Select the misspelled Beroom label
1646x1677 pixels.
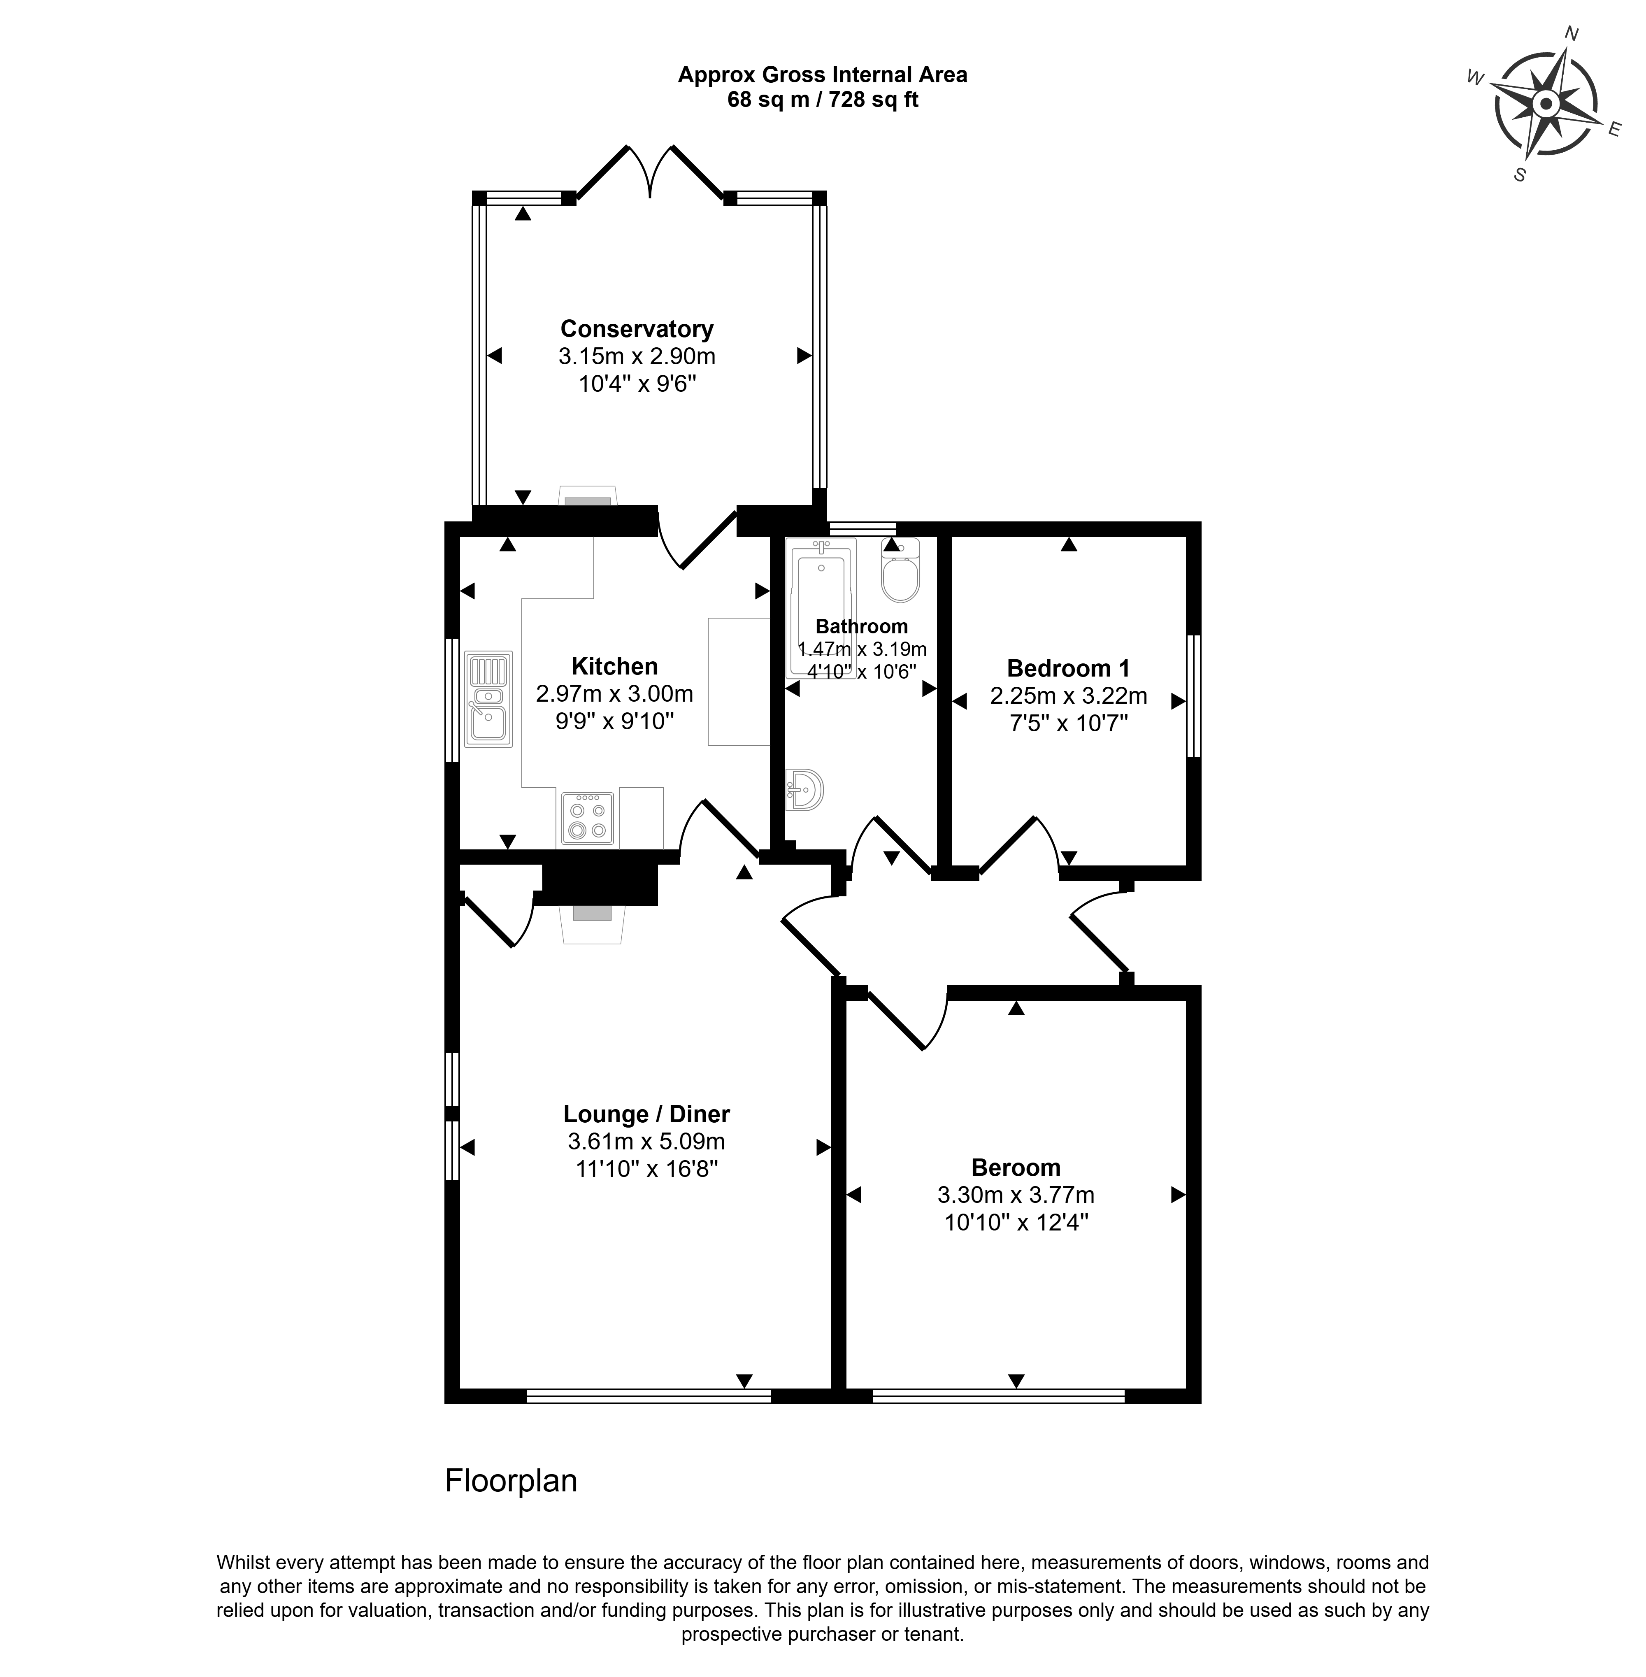(x=1016, y=1168)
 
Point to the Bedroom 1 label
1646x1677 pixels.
(x=1069, y=668)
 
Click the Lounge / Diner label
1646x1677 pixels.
(x=646, y=1114)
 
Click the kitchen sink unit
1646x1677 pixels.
(x=488, y=698)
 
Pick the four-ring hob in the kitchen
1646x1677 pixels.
(x=588, y=818)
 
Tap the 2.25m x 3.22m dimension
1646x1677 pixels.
(x=1069, y=696)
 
